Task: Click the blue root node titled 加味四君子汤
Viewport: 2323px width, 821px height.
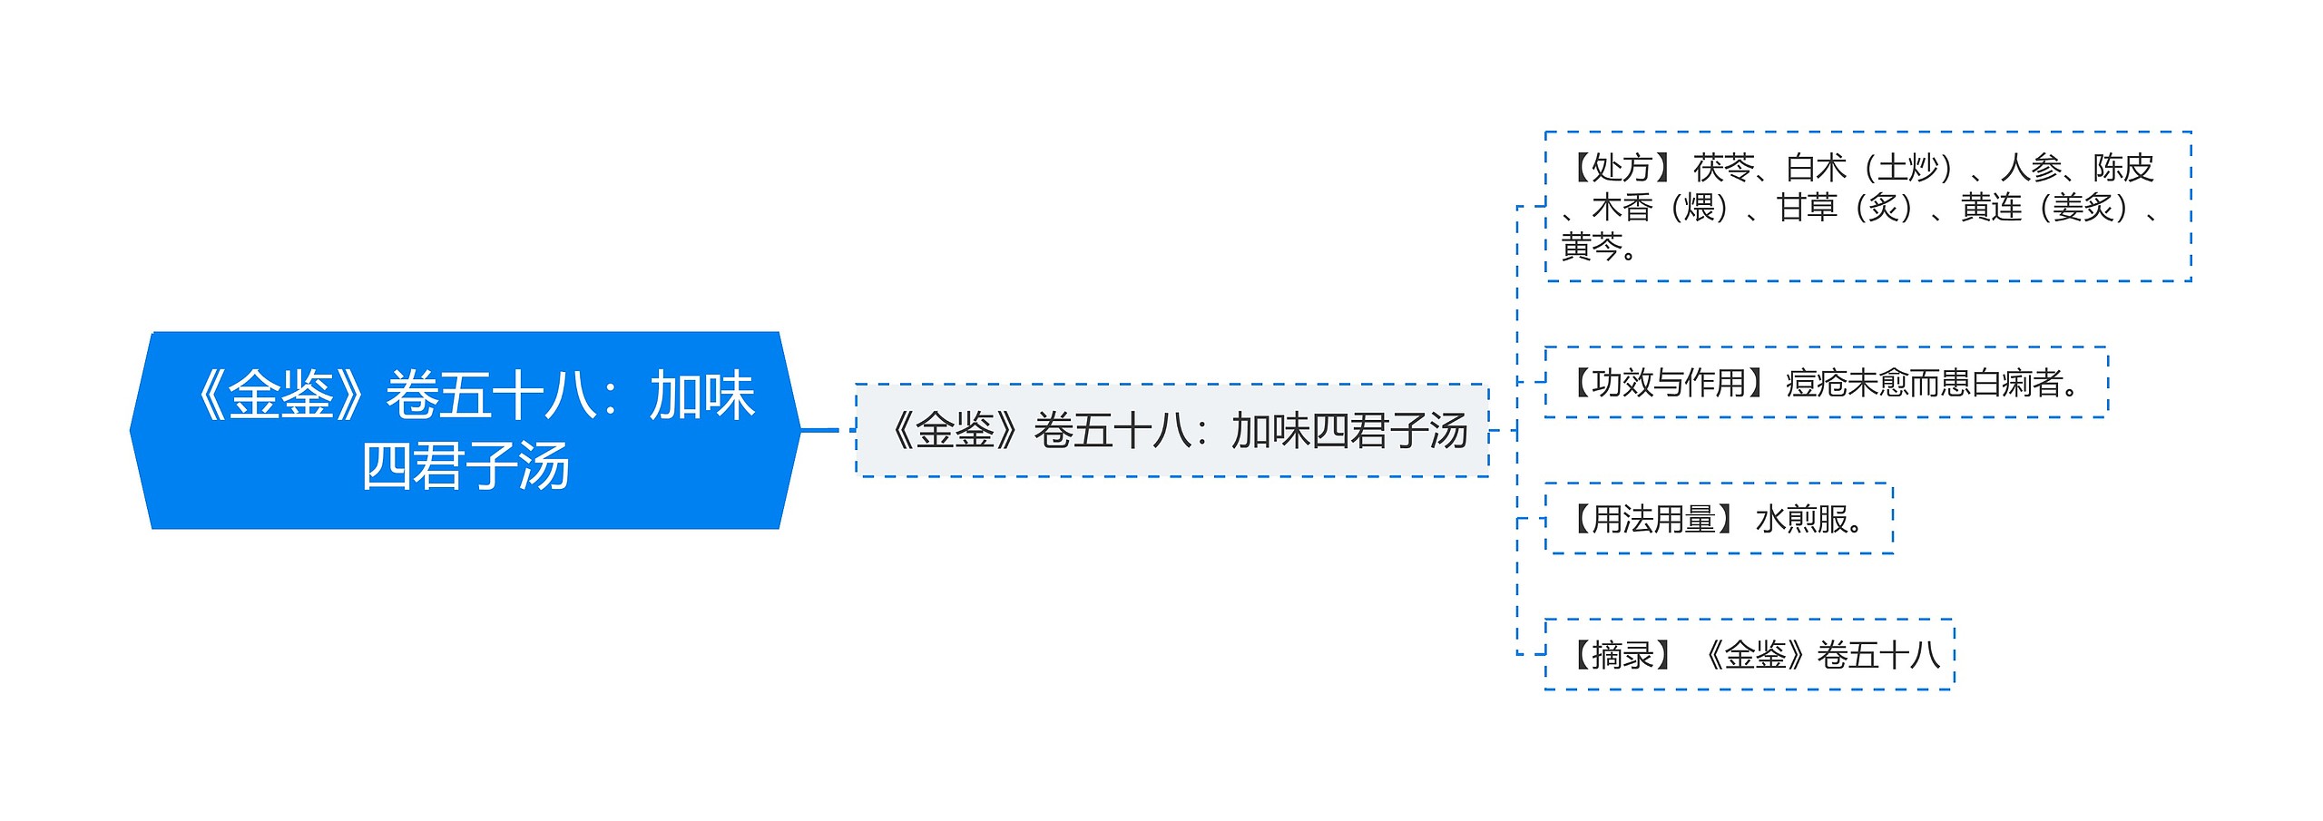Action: coord(466,430)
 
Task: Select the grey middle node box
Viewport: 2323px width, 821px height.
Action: coord(1172,430)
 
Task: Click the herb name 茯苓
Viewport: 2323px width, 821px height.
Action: coord(1723,168)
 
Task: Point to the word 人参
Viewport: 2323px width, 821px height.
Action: coord(2032,168)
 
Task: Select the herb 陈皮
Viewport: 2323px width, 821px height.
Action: coord(2123,168)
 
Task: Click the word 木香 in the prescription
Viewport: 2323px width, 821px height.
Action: coord(1622,208)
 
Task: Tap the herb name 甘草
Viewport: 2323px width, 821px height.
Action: coord(1808,208)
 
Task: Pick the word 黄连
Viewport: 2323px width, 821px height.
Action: coord(1992,208)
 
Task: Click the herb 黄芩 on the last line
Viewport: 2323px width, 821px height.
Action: coord(1592,247)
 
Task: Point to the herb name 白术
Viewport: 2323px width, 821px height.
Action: coord(1817,168)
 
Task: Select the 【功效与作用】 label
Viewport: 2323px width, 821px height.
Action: coord(1667,383)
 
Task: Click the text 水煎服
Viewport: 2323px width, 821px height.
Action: coord(1801,519)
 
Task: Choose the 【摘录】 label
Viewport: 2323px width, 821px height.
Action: coord(1621,655)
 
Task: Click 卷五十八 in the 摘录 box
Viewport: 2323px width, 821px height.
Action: coord(1878,655)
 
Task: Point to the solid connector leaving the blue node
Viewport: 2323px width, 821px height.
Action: coord(820,430)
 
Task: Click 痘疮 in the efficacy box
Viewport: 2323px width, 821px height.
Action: coord(1817,383)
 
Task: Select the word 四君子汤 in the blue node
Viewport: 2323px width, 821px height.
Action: coord(466,466)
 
